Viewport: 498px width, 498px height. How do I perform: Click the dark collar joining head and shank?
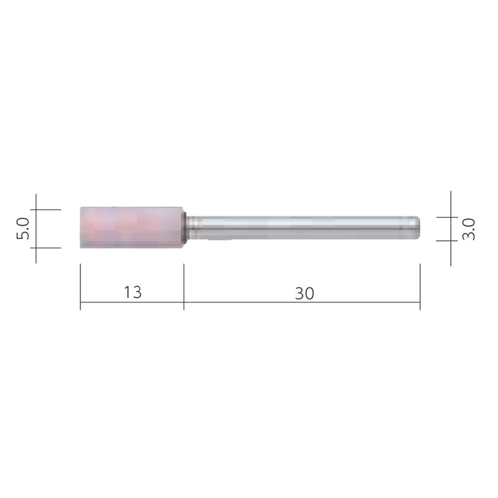tap(185, 228)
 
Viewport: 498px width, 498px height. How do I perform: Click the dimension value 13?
tap(133, 292)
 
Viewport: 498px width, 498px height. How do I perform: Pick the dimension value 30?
tap(304, 293)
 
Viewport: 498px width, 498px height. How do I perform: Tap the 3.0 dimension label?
tap(470, 228)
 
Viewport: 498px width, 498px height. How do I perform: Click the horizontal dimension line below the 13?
tap(132, 303)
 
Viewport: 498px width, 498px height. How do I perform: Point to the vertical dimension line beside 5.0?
tap(36, 228)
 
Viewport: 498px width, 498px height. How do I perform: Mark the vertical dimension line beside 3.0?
tap(451, 228)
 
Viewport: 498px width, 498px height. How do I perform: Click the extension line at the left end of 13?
tap(81, 286)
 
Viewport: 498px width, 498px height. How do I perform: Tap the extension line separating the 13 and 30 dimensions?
tap(184, 286)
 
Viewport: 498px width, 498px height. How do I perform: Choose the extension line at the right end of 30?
tap(420, 286)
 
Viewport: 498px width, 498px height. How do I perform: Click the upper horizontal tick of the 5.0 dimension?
tap(47, 210)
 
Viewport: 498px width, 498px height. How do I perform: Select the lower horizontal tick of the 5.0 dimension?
tap(47, 248)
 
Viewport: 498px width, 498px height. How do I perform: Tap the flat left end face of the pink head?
tap(82, 228)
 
